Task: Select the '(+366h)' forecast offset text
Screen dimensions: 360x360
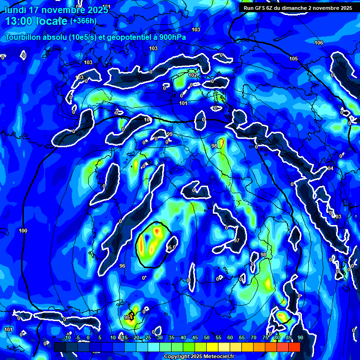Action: pos(83,21)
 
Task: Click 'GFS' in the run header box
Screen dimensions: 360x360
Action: pos(262,8)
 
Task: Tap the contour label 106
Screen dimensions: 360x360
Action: pos(319,43)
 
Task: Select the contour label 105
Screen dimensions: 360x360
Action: pos(293,59)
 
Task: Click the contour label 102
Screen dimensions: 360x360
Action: pos(193,75)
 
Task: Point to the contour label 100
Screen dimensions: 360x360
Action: pos(23,231)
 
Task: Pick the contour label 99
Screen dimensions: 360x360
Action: pos(170,135)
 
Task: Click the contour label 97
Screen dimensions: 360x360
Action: pos(237,240)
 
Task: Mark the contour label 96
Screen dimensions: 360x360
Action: pos(122,266)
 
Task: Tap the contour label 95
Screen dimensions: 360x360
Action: pos(127,317)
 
